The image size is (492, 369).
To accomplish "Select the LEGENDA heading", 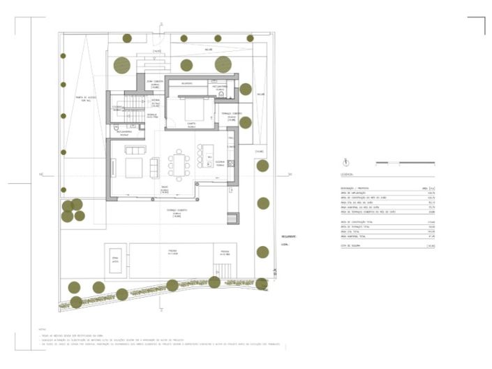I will pos(347,175).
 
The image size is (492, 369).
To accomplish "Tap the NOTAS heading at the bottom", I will pos(43,328).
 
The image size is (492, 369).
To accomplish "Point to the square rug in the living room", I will pos(133,168).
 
